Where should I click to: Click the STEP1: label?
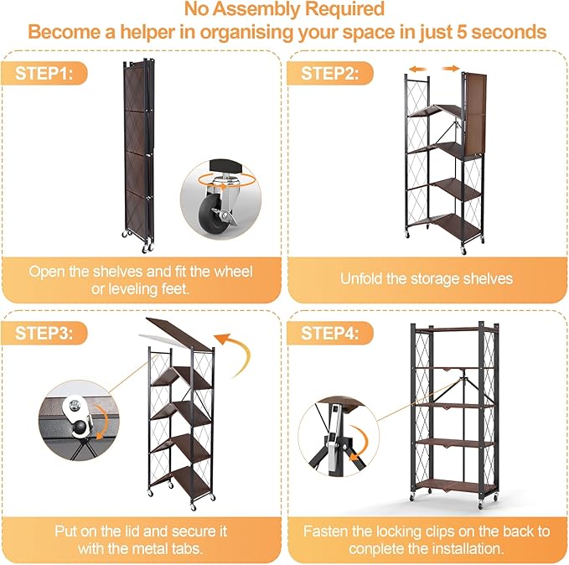50,73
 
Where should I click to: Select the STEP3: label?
50,333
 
